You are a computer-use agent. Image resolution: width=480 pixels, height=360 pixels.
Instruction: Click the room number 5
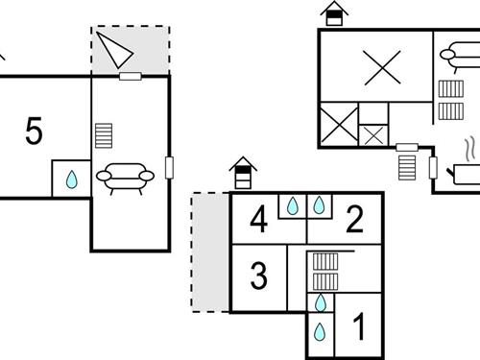tap(35, 132)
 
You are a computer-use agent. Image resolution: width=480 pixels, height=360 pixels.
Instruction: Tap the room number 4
tap(257, 221)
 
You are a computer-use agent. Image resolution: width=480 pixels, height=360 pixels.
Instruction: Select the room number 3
tap(258, 276)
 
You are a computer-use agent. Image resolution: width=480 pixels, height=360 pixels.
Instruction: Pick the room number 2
tap(354, 221)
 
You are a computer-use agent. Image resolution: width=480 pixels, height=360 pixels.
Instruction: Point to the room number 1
tap(360, 328)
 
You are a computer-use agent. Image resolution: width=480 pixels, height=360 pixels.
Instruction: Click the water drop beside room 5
tap(71, 180)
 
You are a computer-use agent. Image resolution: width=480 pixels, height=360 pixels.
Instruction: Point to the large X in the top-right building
tap(382, 68)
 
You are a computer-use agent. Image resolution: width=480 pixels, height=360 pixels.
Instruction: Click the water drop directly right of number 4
tap(292, 205)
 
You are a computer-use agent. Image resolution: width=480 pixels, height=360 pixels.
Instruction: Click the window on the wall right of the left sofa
tap(170, 166)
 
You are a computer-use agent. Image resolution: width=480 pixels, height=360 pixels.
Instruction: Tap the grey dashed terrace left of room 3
tap(210, 252)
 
